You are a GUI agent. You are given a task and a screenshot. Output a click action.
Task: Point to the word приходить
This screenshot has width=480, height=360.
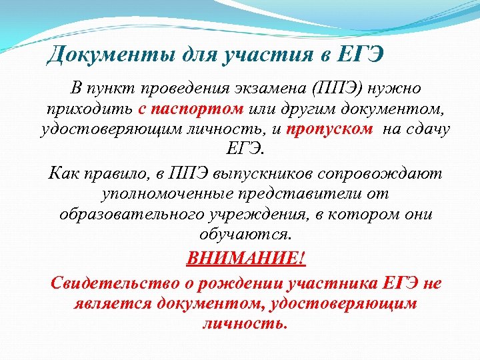tap(91, 109)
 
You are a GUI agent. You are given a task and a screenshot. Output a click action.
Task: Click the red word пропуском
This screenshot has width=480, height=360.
tap(330, 129)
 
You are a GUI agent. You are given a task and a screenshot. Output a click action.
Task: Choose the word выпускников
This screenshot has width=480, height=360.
tap(264, 174)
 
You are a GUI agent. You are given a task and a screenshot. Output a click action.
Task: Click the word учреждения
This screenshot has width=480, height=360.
tap(267, 214)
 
